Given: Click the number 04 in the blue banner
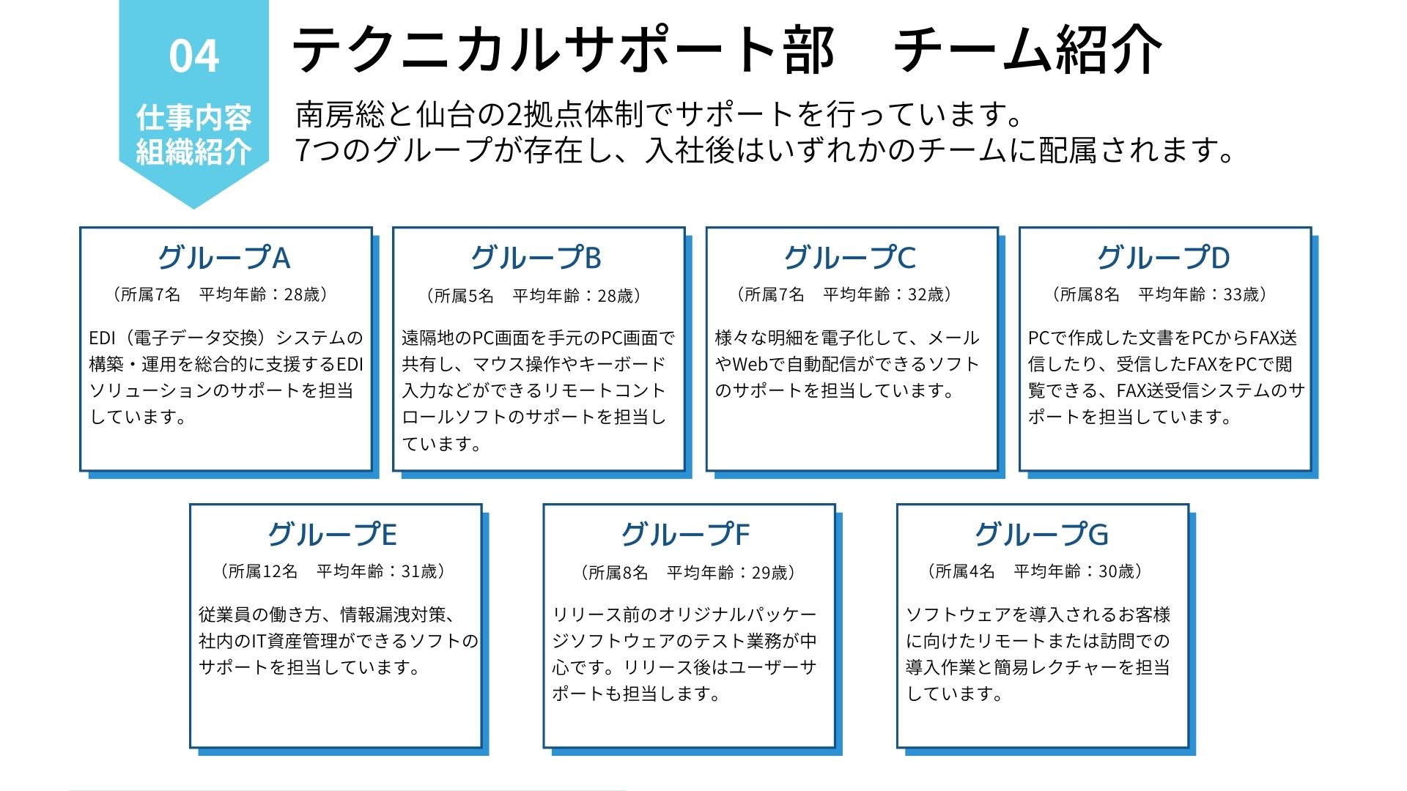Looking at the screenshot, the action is [194, 56].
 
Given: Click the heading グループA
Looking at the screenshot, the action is [224, 258].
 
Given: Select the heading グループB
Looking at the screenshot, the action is [536, 258].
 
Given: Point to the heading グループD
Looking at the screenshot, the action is [1164, 258].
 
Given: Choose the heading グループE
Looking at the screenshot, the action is [333, 535].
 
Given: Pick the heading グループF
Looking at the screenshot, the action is [686, 535].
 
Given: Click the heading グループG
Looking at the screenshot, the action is [1041, 535].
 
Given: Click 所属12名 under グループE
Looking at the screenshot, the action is [263, 572].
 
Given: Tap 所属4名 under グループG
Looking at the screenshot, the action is [965, 572].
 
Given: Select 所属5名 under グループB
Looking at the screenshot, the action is [464, 296].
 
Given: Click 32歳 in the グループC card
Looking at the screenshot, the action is [926, 295].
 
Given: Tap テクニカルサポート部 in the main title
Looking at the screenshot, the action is [563, 50].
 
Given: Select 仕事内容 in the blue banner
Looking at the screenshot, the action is [194, 117].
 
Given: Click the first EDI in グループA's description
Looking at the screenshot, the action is [102, 338].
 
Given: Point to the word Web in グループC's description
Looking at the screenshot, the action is [750, 365].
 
